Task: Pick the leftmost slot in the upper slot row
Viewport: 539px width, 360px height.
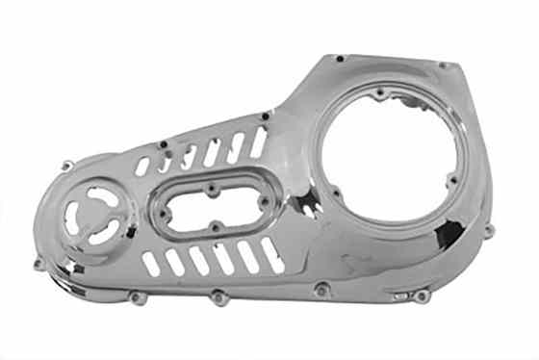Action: (143, 167)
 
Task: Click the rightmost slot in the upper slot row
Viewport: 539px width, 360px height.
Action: (258, 142)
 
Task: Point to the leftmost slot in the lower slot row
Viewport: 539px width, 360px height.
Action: (150, 265)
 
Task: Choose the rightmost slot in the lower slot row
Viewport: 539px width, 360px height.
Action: (271, 253)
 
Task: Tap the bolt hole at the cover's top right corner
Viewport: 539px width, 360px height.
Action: (442, 65)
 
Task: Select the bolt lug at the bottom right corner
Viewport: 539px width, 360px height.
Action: (422, 296)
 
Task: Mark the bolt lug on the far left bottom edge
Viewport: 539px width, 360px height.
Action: (40, 263)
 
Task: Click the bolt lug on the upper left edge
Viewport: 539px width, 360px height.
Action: (65, 167)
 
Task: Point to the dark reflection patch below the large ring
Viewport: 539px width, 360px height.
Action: (448, 234)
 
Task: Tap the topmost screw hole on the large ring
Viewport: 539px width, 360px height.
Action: (381, 93)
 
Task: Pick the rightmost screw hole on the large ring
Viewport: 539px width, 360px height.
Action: (452, 179)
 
